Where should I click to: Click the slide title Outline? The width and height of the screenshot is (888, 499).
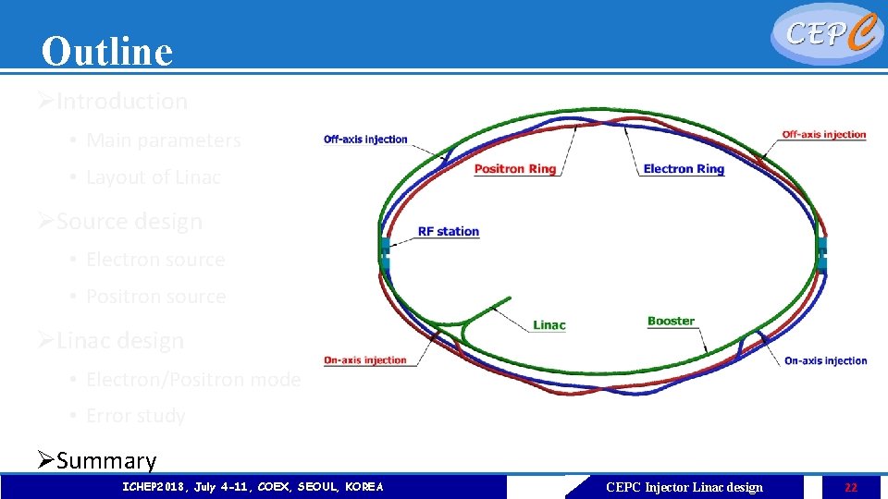pos(107,52)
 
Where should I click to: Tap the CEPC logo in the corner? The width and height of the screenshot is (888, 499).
pos(825,34)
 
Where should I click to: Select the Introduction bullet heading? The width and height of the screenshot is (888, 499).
pos(121,102)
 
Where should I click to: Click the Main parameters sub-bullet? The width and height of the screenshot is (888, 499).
pos(163,140)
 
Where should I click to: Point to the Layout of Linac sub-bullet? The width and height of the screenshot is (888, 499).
pos(153,177)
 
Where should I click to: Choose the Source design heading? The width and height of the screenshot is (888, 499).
pos(129,222)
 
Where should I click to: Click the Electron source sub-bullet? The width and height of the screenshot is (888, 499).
pos(155,260)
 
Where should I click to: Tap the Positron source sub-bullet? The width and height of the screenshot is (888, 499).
pos(155,297)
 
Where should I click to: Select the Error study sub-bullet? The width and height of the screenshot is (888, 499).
pos(135,416)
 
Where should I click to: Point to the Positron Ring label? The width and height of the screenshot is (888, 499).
pos(514,169)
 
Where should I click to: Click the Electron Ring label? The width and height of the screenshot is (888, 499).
pos(684,169)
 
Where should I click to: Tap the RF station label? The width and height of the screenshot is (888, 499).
pos(449,231)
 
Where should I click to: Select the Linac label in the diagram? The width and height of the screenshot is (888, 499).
pos(549,325)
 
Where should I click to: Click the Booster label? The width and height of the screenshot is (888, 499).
pos(671,322)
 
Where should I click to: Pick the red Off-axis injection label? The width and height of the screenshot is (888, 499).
pos(823,135)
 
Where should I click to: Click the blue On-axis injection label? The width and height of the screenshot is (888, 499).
pos(825,360)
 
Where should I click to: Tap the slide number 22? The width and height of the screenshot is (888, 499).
pos(850,487)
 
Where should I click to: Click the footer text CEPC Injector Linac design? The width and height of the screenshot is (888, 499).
pos(684,487)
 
